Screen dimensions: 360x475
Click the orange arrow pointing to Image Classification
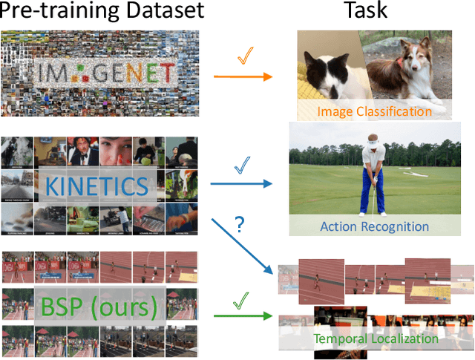(241, 76)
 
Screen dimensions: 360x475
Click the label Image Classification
(374, 111)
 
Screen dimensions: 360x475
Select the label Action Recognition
(374, 226)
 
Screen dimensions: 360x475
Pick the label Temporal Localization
(376, 339)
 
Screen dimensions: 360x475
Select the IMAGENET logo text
(100, 73)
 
